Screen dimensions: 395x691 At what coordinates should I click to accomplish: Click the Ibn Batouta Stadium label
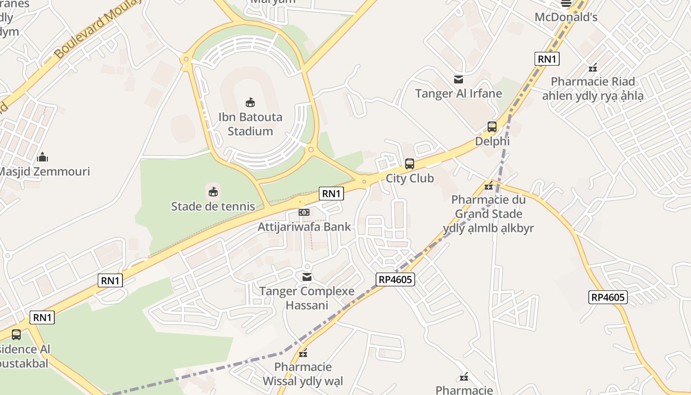click(250, 124)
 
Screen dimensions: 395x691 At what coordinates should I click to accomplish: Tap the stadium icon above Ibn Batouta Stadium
click(250, 102)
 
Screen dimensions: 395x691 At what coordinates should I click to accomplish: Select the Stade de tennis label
click(213, 206)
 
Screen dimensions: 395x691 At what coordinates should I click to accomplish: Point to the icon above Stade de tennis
click(213, 191)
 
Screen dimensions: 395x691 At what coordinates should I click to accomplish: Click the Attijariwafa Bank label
click(304, 227)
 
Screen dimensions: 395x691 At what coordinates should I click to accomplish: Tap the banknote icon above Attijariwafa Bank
click(304, 212)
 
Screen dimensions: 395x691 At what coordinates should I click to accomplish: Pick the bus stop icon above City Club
click(409, 164)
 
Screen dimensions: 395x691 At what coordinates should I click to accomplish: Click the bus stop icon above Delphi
click(492, 127)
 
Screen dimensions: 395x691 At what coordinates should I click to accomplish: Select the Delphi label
click(492, 141)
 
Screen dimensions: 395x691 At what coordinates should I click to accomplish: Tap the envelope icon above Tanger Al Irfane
click(459, 79)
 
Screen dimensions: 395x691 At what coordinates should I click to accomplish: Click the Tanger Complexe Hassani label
click(307, 298)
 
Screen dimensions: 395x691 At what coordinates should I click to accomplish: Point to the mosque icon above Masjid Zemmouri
click(42, 158)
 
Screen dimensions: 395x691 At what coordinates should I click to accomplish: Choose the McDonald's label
click(566, 17)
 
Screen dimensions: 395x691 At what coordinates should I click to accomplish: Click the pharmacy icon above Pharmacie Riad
click(592, 68)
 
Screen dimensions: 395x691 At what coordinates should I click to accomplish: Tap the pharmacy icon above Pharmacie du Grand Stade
click(488, 186)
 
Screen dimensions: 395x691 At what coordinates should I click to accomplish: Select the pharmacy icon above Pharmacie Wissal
click(303, 353)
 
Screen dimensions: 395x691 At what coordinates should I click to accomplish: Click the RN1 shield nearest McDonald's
click(547, 59)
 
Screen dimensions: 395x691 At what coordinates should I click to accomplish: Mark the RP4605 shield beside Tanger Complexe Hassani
click(395, 279)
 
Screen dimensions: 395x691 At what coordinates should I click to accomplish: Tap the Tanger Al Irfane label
click(459, 93)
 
